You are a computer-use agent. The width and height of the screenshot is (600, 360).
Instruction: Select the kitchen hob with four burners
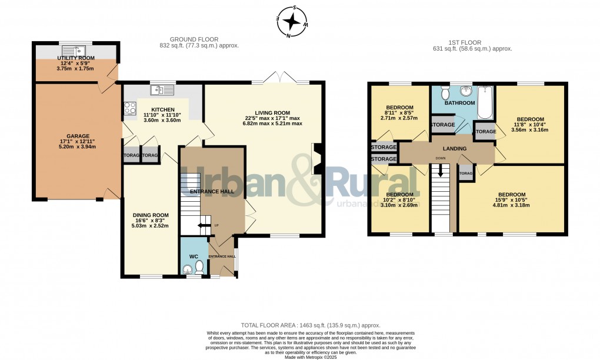[129, 108]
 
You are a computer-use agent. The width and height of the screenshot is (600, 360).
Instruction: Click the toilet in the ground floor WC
[198, 268]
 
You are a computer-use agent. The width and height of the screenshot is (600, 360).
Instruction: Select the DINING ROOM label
[150, 215]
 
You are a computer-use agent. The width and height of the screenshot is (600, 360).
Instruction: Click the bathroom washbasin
[466, 91]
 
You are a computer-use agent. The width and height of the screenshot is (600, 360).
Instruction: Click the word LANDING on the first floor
[455, 149]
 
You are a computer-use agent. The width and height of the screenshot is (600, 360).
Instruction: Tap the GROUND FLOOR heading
[199, 39]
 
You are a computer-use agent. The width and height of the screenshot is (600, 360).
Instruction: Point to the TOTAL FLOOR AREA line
[311, 325]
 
